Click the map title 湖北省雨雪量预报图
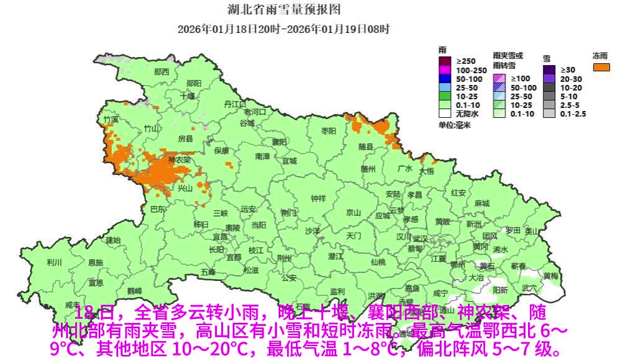point(284,11)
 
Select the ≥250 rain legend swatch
point(445,61)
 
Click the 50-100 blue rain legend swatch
point(445,79)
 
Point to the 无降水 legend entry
point(445,114)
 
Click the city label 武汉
point(420,238)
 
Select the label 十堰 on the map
point(188,96)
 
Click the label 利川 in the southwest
point(54,262)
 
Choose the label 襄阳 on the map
point(279,141)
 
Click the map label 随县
point(366,147)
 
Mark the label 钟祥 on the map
point(318,198)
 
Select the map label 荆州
point(284,257)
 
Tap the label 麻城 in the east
point(481,203)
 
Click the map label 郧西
point(162,72)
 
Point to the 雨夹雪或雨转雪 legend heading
point(508,60)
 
